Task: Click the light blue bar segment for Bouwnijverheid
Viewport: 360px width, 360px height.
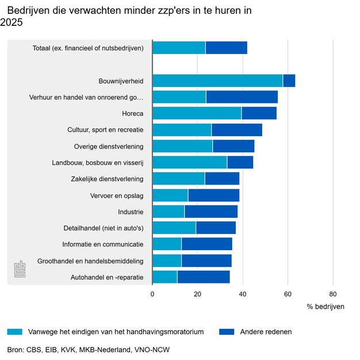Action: [217, 81]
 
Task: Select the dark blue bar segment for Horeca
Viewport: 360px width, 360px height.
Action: [259, 113]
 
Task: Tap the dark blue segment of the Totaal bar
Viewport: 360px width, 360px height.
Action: [226, 48]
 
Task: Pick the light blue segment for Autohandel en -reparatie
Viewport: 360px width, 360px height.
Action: [164, 277]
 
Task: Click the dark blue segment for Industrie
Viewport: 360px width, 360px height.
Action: [210, 212]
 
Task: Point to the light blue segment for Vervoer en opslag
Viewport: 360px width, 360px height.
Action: [170, 196]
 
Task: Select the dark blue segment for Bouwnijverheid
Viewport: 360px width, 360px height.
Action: [289, 81]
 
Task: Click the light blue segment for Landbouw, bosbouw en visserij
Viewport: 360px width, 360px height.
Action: [189, 163]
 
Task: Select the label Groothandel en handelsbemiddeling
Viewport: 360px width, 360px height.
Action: [90, 261]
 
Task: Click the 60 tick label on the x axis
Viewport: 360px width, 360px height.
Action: [288, 294]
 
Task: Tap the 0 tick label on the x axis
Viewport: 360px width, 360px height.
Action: [152, 294]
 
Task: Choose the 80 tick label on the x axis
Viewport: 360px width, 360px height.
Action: [333, 294]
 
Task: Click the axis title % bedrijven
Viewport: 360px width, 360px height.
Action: [325, 307]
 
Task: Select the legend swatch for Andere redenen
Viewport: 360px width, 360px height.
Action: [227, 332]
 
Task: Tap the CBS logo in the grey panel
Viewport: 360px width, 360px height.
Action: [20, 269]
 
